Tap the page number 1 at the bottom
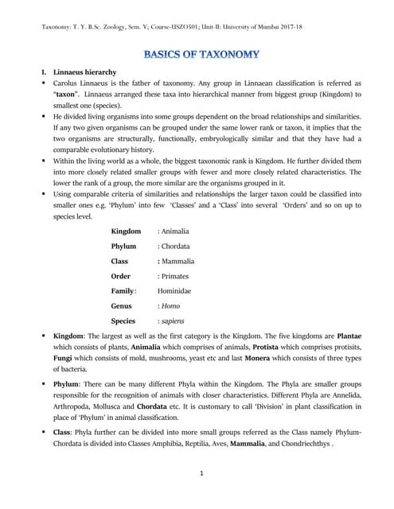(202, 474)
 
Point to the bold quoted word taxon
(65, 94)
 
